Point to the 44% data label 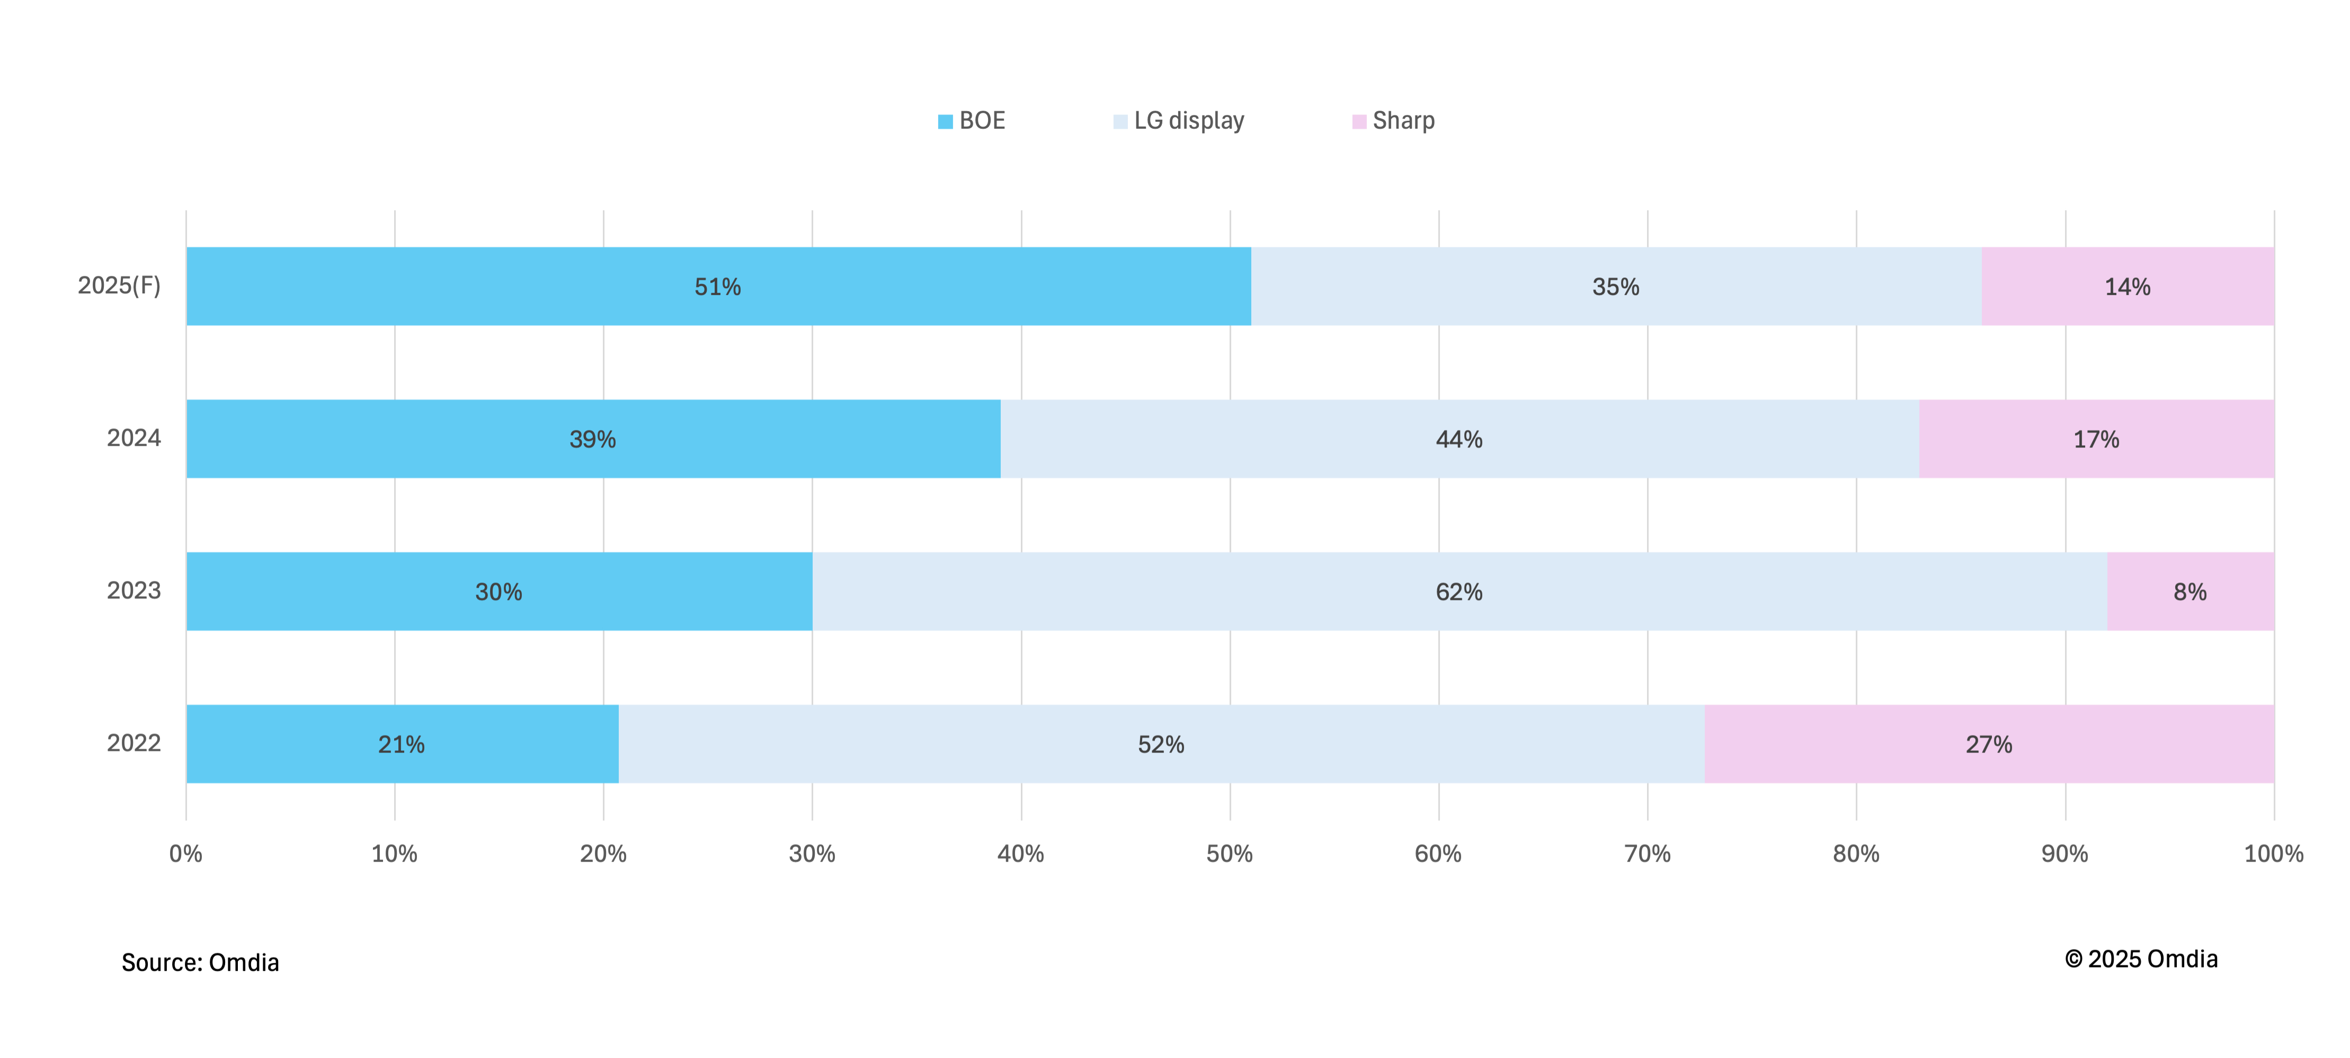1459,440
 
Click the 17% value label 2096,440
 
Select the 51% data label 717,288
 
